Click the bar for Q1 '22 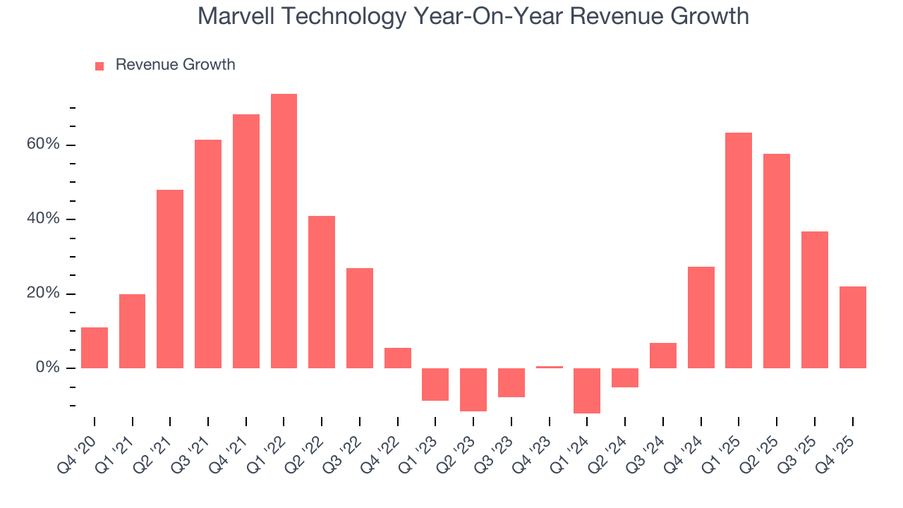pos(284,231)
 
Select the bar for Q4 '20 pos(95,347)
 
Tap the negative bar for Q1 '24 pos(587,390)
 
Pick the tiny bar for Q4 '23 pos(549,367)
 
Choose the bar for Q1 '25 pos(739,250)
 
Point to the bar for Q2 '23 pos(473,389)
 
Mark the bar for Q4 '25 pos(852,327)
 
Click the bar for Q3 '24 pos(663,355)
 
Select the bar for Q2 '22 pos(322,291)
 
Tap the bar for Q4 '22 pos(398,358)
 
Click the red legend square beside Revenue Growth pos(99,66)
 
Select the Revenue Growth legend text pos(175,65)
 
